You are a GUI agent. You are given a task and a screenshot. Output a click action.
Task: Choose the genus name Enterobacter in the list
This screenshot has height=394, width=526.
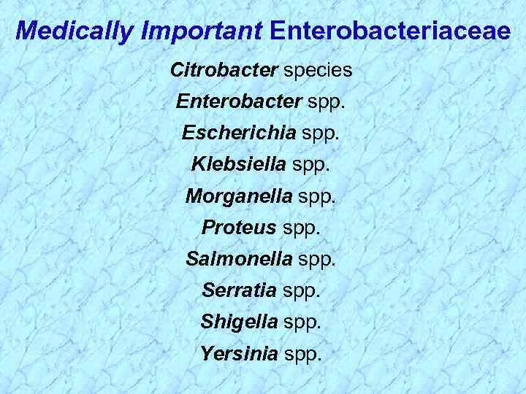click(239, 103)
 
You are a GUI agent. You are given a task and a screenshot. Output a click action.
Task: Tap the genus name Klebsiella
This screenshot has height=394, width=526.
click(239, 165)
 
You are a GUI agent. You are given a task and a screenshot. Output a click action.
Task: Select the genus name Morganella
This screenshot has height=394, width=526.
click(237, 196)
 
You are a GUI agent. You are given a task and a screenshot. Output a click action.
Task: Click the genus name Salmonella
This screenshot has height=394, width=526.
click(239, 258)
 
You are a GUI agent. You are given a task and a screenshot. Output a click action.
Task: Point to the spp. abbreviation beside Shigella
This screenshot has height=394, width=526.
click(304, 321)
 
